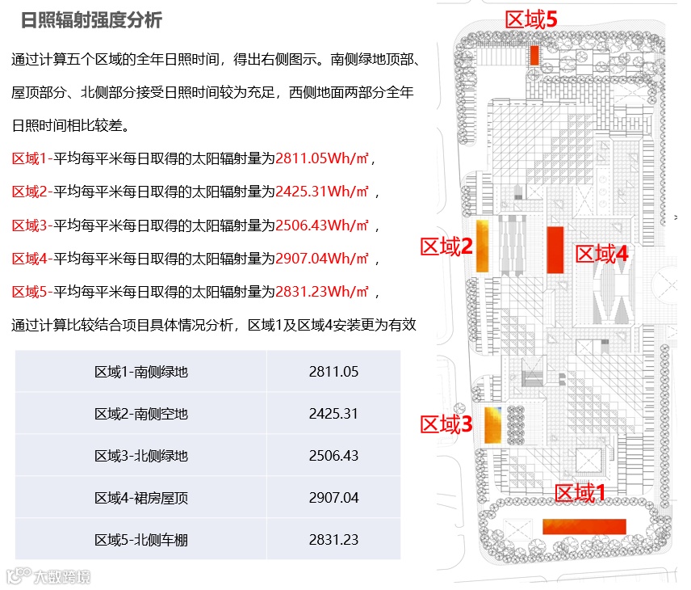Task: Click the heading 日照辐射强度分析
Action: (90, 20)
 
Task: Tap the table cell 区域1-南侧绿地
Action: (141, 373)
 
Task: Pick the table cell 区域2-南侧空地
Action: (141, 414)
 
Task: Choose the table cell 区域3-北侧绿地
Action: (141, 456)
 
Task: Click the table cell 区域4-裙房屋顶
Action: (141, 498)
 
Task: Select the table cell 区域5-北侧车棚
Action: (141, 539)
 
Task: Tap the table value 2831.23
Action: (333, 539)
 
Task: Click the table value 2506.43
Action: (333, 456)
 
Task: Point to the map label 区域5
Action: (531, 19)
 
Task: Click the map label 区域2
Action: (446, 247)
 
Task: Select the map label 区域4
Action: (601, 254)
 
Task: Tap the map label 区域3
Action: (446, 424)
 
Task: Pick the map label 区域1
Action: (579, 492)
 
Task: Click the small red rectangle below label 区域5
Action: (534, 55)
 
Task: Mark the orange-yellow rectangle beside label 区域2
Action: (482, 246)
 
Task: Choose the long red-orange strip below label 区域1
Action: (584, 526)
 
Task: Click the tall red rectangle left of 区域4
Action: (555, 250)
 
